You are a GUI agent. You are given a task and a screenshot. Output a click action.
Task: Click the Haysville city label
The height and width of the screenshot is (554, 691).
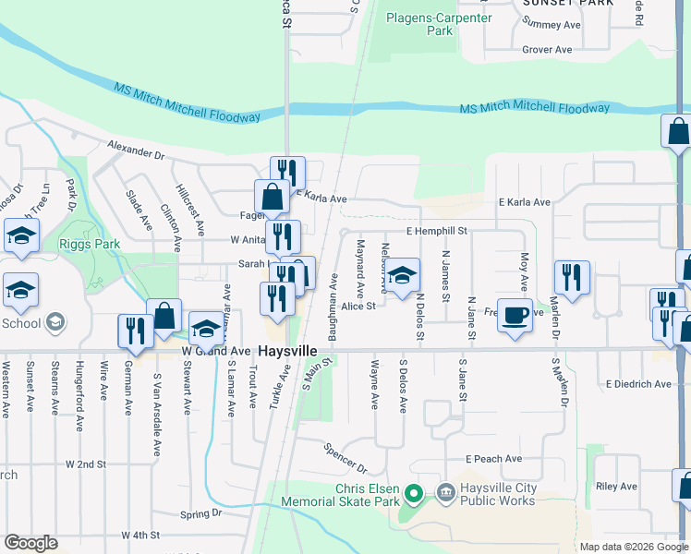pos(287,352)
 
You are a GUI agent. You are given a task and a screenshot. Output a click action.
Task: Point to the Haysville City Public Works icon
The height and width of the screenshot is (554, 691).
pos(445,493)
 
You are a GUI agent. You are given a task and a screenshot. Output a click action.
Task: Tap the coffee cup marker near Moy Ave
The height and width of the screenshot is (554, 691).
pos(515,316)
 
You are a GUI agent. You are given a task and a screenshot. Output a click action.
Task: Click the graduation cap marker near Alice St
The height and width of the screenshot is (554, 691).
pos(402,277)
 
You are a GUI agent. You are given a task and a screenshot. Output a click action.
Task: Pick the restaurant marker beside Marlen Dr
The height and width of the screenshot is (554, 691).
pos(572,278)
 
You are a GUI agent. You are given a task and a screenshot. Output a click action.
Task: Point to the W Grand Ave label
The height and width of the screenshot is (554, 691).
pos(215,352)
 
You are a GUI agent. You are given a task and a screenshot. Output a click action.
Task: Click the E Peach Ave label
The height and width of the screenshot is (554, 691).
pos(493,458)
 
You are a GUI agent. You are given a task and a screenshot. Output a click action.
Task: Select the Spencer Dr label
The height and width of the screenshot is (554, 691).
pos(345,455)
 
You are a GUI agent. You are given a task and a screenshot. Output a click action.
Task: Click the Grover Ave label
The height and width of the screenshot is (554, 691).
pos(547,50)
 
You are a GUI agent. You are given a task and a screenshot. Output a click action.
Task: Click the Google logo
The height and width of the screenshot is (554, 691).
pos(30,542)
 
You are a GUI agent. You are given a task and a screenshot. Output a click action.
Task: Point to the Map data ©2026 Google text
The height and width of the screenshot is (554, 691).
pos(633,547)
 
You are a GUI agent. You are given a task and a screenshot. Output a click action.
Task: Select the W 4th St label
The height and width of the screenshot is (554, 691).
pos(140,535)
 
